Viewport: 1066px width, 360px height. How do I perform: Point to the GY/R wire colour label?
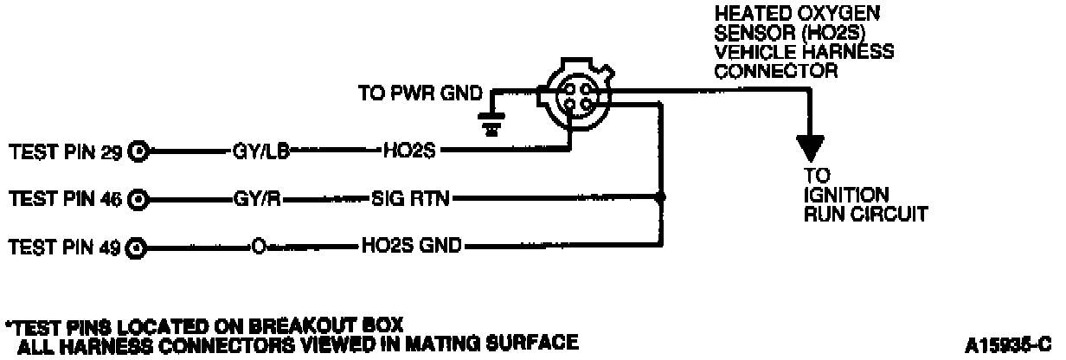click(256, 200)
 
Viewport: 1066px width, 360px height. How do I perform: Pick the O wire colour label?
click(257, 247)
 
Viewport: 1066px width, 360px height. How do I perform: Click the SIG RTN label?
click(410, 200)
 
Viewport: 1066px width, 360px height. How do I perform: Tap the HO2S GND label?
click(412, 247)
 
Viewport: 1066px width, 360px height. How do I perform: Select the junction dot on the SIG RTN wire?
click(661, 198)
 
